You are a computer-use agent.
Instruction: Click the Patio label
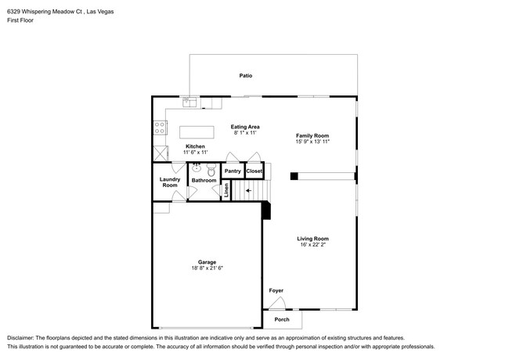246,76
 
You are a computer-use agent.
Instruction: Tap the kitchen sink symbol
190,103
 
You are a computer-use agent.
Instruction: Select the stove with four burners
160,128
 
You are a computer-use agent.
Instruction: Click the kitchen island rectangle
197,132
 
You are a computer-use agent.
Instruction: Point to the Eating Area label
245,127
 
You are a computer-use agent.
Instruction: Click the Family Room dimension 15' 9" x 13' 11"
312,142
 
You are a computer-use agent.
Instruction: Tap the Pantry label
233,171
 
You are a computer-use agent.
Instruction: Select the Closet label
254,171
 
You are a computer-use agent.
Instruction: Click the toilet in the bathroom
211,170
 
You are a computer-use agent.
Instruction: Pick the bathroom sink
196,167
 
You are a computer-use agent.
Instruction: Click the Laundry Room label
170,182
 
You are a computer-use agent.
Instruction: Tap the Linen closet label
226,190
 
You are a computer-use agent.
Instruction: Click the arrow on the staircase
248,191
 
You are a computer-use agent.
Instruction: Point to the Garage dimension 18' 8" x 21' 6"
207,268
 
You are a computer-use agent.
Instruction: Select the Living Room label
313,239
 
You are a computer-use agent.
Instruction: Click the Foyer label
276,290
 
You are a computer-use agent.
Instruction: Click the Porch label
282,319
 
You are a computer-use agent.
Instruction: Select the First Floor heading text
20,20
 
